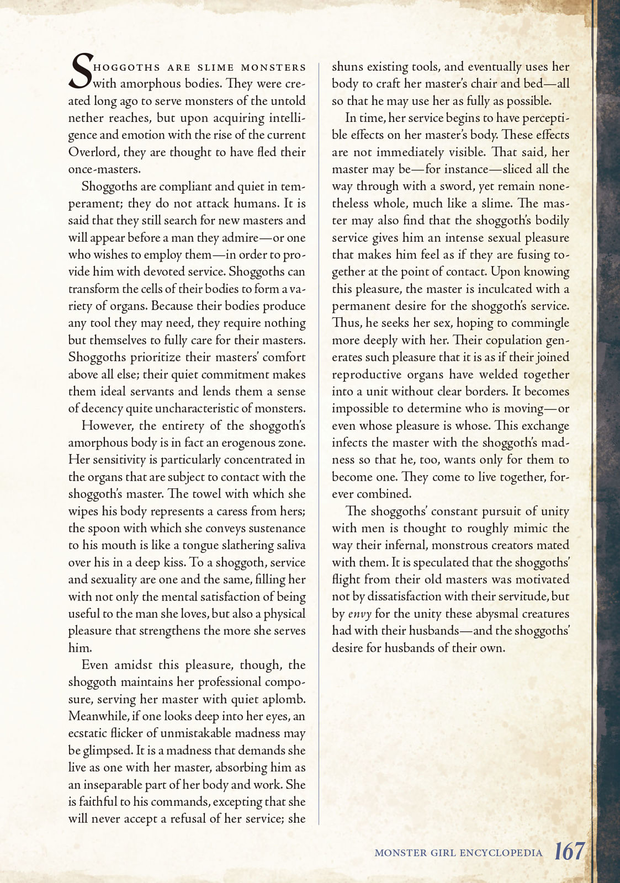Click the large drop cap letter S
pos(81,72)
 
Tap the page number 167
pos(569,851)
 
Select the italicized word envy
pos(359,614)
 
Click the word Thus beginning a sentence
pos(346,323)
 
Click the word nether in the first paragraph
pos(86,118)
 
